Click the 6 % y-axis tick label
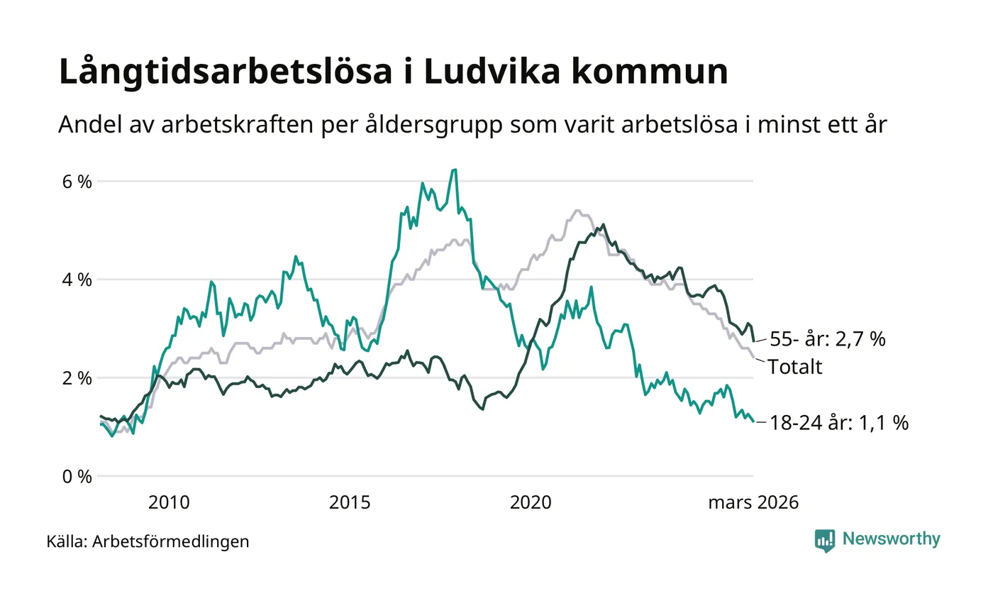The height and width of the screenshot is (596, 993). (77, 181)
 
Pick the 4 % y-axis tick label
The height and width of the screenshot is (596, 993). (77, 280)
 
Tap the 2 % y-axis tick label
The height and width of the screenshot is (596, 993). (77, 378)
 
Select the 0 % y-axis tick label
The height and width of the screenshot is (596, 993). (77, 476)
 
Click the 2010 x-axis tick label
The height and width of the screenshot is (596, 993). (169, 503)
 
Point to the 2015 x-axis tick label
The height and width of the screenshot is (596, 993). (350, 503)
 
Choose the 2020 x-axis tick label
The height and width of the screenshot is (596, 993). (531, 503)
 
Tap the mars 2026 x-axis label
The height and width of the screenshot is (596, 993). (753, 503)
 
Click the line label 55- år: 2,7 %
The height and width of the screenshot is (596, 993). (827, 340)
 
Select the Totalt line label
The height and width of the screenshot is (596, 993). (795, 367)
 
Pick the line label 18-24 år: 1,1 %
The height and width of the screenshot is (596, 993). (839, 423)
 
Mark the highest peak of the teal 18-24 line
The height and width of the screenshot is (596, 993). (454, 170)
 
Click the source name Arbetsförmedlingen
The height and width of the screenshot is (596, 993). (171, 541)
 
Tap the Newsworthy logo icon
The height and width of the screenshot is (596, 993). (825, 541)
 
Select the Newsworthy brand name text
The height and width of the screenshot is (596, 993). (892, 539)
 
